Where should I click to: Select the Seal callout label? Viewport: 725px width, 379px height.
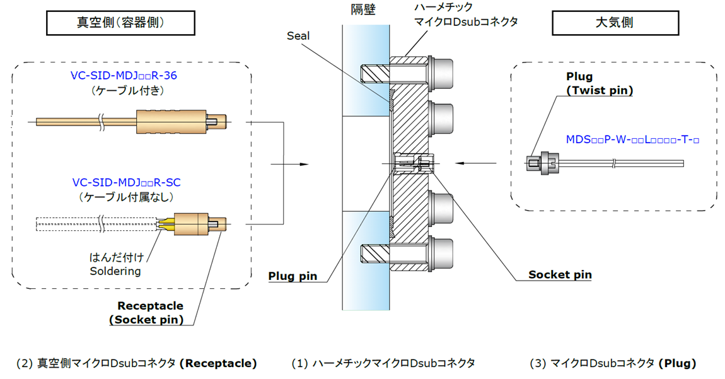[x=298, y=36]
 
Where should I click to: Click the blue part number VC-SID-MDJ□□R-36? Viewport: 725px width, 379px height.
[x=124, y=76]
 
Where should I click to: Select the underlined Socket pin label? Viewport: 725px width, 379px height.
[x=560, y=274]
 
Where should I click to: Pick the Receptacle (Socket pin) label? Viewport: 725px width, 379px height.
[x=150, y=313]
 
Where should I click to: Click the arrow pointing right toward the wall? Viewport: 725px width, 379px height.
[x=290, y=165]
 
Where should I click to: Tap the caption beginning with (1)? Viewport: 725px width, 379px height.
[x=383, y=363]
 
